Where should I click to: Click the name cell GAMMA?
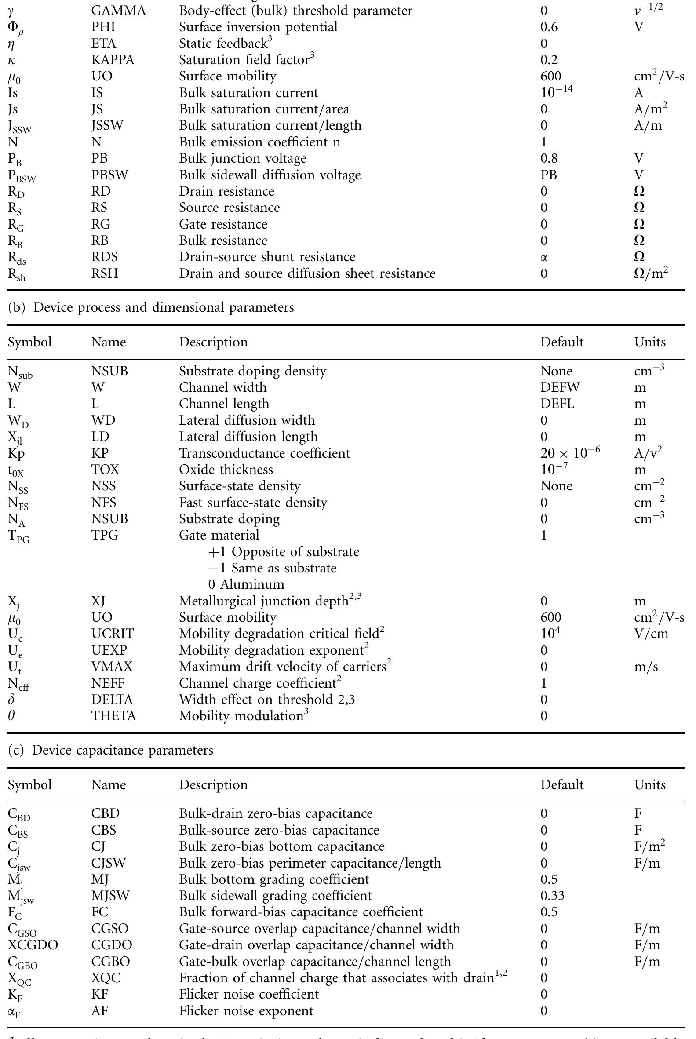pos(118,11)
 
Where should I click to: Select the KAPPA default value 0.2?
pos(549,60)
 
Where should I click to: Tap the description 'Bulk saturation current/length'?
pos(270,126)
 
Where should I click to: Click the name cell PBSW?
pos(109,175)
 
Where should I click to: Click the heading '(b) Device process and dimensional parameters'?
pos(151,307)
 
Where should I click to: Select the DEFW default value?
pos(560,387)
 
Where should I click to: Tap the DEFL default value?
pos(557,404)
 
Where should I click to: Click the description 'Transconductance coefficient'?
pos(264,453)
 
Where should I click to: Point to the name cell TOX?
pos(105,470)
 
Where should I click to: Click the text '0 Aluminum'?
pos(246,584)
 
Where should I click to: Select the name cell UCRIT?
pos(112,634)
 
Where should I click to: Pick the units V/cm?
pos(651,634)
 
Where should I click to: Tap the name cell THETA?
pos(113,716)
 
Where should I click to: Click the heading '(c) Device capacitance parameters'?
pos(110,750)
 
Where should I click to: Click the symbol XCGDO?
pos(33,945)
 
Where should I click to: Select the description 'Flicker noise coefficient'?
pos(248,994)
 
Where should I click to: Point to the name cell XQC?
pos(106,978)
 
